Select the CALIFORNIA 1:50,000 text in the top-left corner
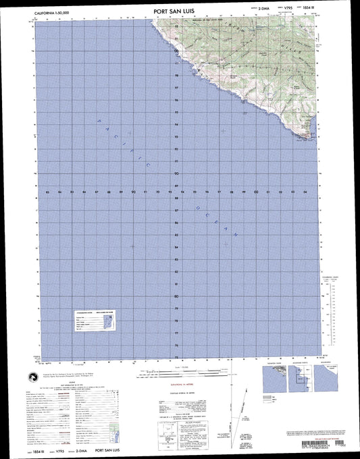coord(52,12)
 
